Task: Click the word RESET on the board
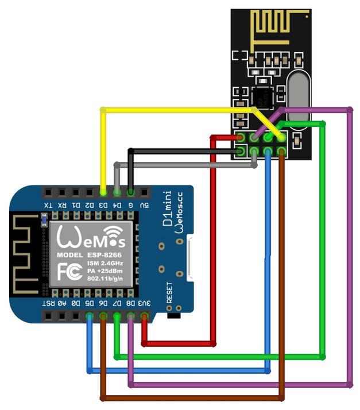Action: (x=169, y=292)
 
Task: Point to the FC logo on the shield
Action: (x=68, y=269)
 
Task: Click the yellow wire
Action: (x=172, y=109)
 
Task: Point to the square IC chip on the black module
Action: (x=264, y=97)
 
